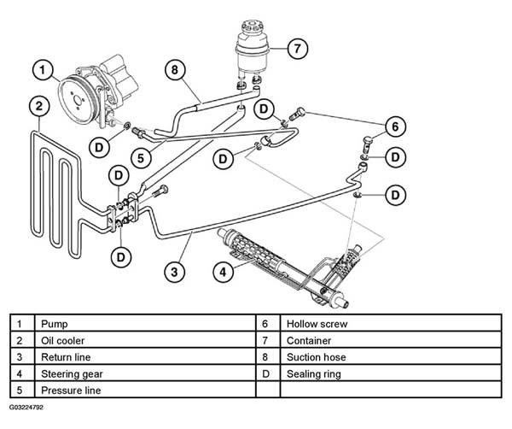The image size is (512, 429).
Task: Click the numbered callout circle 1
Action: [x=43, y=70]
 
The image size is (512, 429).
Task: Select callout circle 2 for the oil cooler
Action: [x=39, y=106]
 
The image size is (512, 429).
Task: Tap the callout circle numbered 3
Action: [x=174, y=272]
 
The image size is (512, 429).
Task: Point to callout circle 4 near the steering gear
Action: [x=224, y=272]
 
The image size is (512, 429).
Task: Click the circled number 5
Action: [x=141, y=158]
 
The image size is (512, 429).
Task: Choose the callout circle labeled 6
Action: [x=395, y=126]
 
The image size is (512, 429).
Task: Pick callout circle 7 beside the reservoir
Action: [x=298, y=49]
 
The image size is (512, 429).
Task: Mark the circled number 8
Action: [x=175, y=69]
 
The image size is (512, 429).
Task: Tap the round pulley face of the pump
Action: [x=77, y=99]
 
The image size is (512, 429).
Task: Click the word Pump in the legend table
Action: [x=55, y=324]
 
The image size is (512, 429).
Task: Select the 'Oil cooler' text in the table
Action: [x=62, y=341]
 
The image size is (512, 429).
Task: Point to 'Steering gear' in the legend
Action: [x=72, y=374]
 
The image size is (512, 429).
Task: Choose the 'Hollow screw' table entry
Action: [x=317, y=324]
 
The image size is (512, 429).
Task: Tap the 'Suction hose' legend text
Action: [x=316, y=357]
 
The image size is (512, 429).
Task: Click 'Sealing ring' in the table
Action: [x=314, y=374]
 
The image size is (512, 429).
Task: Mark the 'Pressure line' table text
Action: [x=71, y=391]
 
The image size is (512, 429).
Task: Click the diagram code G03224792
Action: [x=26, y=408]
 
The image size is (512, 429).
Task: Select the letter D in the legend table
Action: [x=265, y=373]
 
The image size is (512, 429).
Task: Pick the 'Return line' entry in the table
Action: [x=66, y=357]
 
